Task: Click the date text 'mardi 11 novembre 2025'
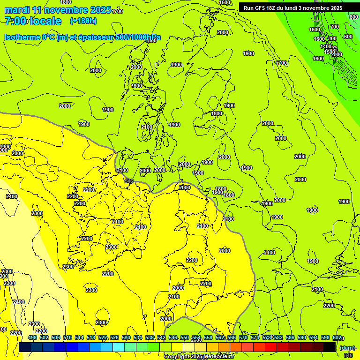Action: pos(58,10)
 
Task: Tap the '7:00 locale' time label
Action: pos(33,21)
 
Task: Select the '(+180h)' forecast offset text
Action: pos(83,21)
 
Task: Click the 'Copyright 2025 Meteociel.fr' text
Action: pos(199,356)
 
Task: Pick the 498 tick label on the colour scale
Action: pos(32,337)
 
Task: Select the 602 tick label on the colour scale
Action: pos(337,337)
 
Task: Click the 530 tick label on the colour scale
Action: pos(126,337)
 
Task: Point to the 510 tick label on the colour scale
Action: pos(67,337)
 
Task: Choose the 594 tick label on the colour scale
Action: pos(313,337)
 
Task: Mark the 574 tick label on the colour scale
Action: pos(255,337)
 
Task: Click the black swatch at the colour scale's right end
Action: pos(330,347)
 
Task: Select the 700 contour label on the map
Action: pos(334,27)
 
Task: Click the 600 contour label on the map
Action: pos(348,37)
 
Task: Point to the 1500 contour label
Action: pos(330,52)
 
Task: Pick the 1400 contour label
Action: pos(326,46)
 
